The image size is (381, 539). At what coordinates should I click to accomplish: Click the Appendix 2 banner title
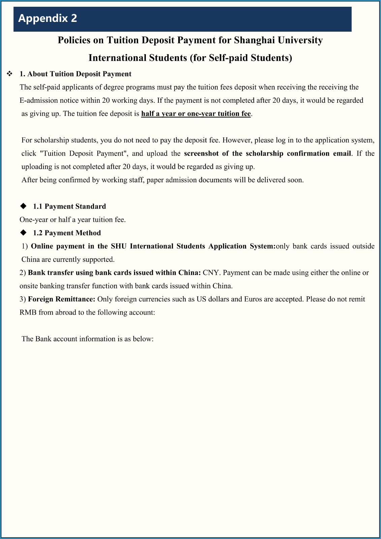[x=47, y=18]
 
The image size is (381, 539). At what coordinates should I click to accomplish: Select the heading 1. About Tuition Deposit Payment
[x=75, y=74]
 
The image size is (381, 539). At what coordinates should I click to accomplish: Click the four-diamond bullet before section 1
[x=10, y=74]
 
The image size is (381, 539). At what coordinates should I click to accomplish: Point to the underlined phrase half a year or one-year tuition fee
[x=196, y=114]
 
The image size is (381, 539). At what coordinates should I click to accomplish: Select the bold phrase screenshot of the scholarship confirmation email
[x=267, y=154]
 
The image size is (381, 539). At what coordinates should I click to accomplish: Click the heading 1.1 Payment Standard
[x=69, y=207]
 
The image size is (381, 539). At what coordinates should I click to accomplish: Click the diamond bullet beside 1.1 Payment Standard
[x=24, y=206]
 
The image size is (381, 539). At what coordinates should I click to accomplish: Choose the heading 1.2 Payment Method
[x=67, y=233]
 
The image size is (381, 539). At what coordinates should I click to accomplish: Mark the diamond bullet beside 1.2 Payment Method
[x=24, y=232]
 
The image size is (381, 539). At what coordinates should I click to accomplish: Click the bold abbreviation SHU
[x=119, y=246]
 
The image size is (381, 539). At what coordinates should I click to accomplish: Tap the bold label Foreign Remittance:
[x=62, y=299]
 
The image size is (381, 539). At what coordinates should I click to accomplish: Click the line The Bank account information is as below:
[x=88, y=339]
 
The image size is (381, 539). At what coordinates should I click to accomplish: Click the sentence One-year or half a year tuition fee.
[x=72, y=220]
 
